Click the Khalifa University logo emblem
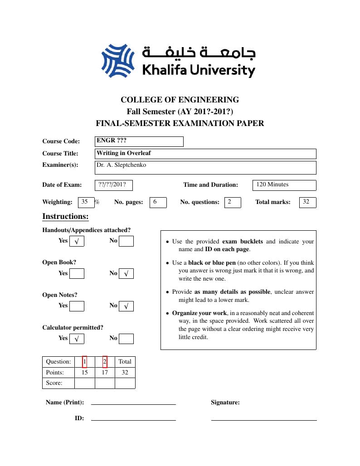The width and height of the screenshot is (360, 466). (118, 61)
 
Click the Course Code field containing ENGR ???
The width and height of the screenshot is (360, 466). (139, 141)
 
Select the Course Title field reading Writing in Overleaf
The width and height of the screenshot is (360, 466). (205, 154)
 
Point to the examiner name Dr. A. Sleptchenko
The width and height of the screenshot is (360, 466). (121, 165)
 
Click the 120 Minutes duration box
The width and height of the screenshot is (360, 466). (284, 185)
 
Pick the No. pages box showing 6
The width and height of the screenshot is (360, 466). (158, 202)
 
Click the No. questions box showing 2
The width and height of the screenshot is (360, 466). (233, 202)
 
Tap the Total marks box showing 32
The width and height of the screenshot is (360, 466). (307, 202)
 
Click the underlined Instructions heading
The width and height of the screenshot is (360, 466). (65, 216)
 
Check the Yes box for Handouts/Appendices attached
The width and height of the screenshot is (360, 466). (77, 241)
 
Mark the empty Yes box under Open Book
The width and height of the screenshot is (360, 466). (77, 273)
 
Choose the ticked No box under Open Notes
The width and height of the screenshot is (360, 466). (126, 306)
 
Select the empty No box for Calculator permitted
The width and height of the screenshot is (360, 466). (126, 339)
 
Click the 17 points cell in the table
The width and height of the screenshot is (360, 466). (105, 373)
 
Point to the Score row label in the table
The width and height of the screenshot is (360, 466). (54, 383)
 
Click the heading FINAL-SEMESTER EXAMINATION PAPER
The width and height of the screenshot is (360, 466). (180, 123)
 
